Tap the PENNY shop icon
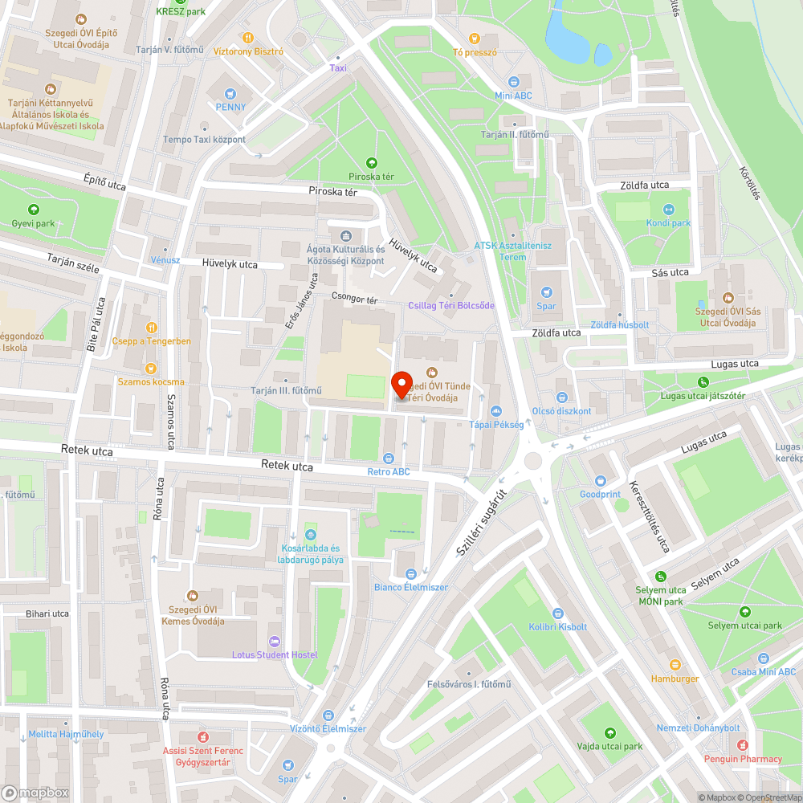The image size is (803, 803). tap(230, 93)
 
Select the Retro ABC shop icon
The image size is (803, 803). tap(389, 458)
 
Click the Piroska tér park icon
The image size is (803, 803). tap(371, 163)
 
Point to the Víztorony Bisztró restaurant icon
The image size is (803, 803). tap(248, 37)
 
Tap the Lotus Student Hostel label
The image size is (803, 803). tap(275, 654)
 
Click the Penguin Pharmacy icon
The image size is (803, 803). tap(743, 745)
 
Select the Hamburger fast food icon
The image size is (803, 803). tap(675, 665)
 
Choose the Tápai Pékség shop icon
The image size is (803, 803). tap(495, 410)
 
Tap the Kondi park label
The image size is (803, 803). tap(668, 222)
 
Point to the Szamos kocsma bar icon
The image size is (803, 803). tap(150, 368)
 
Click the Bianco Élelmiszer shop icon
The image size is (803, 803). tap(411, 573)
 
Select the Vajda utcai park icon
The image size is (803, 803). tap(610, 732)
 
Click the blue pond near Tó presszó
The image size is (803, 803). tap(569, 36)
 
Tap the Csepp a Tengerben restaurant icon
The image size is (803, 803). tap(150, 327)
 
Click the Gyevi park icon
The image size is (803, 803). tap(33, 210)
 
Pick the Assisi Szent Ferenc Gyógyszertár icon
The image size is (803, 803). tap(203, 736)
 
